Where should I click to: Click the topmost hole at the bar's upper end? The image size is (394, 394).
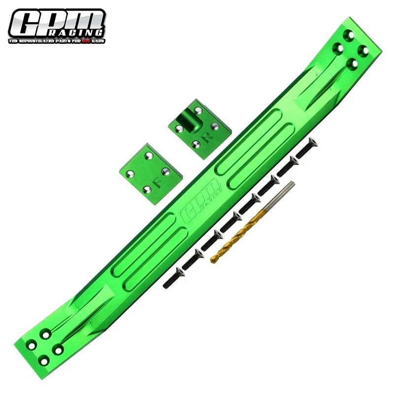349,36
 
